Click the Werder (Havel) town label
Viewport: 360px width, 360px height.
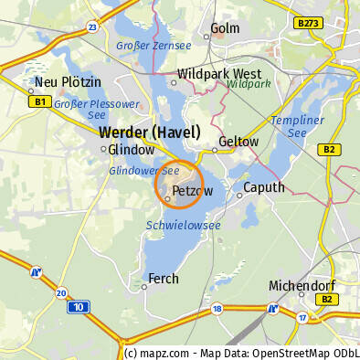(150, 132)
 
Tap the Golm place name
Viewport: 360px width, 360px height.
(224, 28)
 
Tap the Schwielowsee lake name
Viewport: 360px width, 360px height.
(183, 225)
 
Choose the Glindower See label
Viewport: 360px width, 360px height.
(143, 171)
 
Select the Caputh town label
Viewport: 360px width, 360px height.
(263, 187)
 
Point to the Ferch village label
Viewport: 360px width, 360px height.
(164, 279)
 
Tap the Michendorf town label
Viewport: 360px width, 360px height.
(299, 286)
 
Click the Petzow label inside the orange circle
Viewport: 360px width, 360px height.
(192, 191)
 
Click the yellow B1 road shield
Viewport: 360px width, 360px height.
(38, 101)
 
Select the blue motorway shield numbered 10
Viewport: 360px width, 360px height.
(79, 306)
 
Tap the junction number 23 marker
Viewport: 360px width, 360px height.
(92, 27)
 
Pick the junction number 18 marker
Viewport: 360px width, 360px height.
(217, 309)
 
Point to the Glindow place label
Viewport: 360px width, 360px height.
(132, 149)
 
